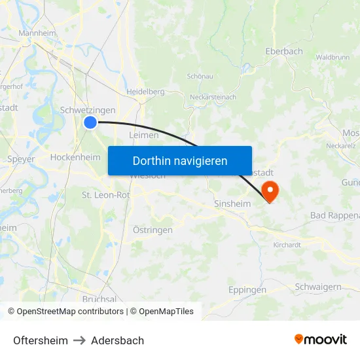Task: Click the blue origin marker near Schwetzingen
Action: click(x=90, y=122)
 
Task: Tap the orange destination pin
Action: click(x=269, y=190)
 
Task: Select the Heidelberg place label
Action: click(x=145, y=92)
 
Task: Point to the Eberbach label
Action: click(x=284, y=51)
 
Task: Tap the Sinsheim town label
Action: click(x=232, y=204)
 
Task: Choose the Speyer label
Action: click(x=21, y=158)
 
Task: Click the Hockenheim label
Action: click(x=75, y=157)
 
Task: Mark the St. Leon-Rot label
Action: click(x=105, y=194)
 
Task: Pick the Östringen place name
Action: click(x=153, y=230)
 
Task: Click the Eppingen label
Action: click(x=247, y=289)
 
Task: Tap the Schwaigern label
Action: click(x=318, y=287)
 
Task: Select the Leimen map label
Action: click(x=144, y=135)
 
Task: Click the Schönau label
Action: click(x=200, y=76)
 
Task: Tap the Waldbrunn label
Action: click(x=333, y=58)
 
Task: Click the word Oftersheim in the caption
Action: click(x=41, y=340)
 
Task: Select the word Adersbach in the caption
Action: click(x=117, y=340)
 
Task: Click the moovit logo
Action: click(x=321, y=339)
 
